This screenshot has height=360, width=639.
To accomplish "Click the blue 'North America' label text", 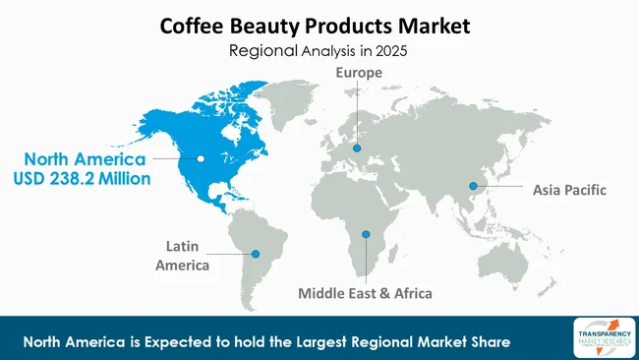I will pos(86,159).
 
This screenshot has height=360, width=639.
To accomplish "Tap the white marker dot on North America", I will pos(201,158).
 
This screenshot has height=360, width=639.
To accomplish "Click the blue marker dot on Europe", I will pos(357,149).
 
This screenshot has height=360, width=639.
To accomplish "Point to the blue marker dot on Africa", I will pos(365,234).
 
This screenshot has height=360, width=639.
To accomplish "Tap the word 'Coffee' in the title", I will pos(195,23).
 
